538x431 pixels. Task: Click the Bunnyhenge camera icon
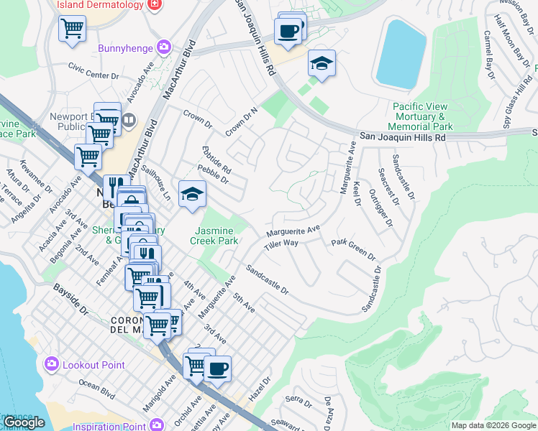(165, 47)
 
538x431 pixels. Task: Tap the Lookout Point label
(88, 365)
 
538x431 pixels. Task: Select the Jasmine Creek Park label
(216, 236)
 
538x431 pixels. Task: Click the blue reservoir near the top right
(401, 54)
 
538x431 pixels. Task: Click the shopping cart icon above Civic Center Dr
(72, 29)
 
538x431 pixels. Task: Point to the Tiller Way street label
(281, 244)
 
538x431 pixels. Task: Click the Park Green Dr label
(353, 249)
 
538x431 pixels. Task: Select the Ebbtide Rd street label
(216, 160)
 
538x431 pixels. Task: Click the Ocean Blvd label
(97, 391)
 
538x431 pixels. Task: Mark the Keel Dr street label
(356, 193)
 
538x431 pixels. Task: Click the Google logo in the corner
(24, 422)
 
